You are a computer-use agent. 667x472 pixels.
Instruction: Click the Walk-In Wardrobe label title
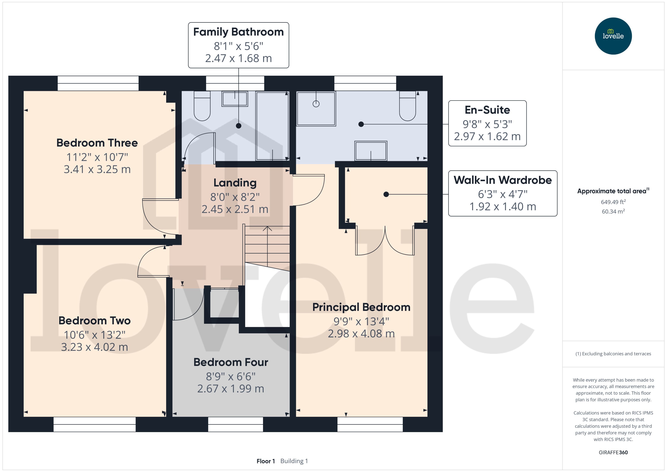click(x=503, y=180)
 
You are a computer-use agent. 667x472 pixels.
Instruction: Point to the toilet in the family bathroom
click(x=202, y=106)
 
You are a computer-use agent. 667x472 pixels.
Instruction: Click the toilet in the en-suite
click(x=407, y=106)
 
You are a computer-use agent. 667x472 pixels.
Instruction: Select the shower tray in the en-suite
click(x=316, y=108)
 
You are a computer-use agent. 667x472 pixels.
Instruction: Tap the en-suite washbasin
click(x=370, y=151)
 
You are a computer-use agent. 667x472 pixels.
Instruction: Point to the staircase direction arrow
click(x=267, y=230)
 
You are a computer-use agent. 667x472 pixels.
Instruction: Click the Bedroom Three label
click(x=97, y=143)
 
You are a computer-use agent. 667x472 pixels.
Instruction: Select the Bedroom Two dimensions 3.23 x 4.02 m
click(x=95, y=347)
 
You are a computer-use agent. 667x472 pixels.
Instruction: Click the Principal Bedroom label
click(x=361, y=307)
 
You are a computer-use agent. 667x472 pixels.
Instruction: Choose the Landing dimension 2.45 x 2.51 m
click(x=235, y=209)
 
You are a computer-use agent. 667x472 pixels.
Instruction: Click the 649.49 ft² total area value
click(x=613, y=202)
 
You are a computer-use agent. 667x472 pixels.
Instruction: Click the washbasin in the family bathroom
click(x=235, y=99)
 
